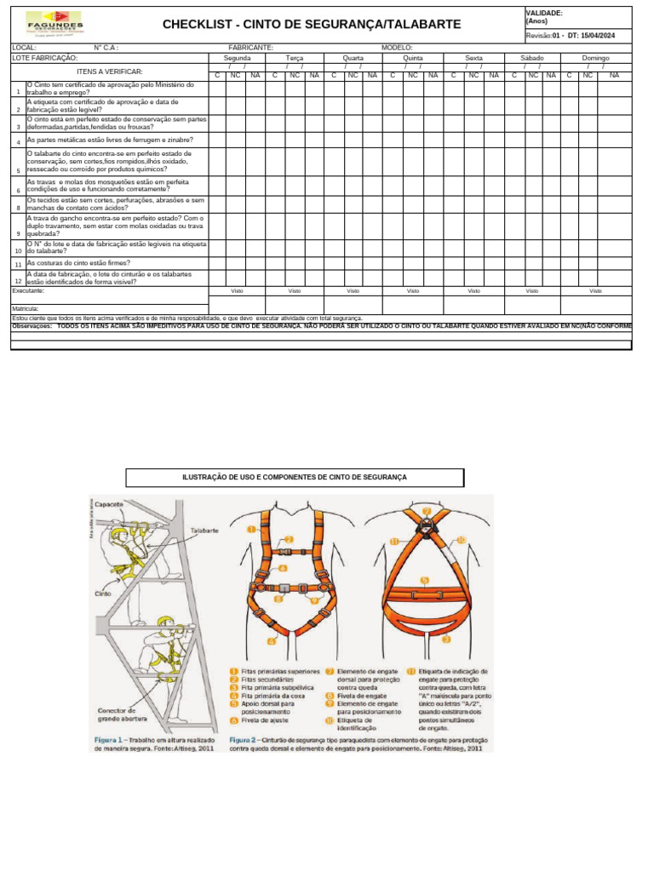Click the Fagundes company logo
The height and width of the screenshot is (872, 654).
point(54,24)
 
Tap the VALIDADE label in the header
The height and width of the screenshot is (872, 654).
point(544,14)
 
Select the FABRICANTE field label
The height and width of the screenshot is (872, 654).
point(250,48)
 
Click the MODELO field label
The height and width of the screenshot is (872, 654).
point(397,48)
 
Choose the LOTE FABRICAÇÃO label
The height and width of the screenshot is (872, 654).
point(44,58)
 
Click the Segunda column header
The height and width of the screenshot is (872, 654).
point(238,58)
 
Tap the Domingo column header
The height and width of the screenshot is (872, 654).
point(595,58)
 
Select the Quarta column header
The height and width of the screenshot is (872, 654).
point(353,58)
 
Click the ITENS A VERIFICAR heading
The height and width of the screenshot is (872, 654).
point(110,72)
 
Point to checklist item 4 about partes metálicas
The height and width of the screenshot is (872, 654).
point(110,140)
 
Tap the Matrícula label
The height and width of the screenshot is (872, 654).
point(25,308)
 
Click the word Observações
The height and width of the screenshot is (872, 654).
point(32,325)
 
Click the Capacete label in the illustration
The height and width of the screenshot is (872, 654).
point(109,504)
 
